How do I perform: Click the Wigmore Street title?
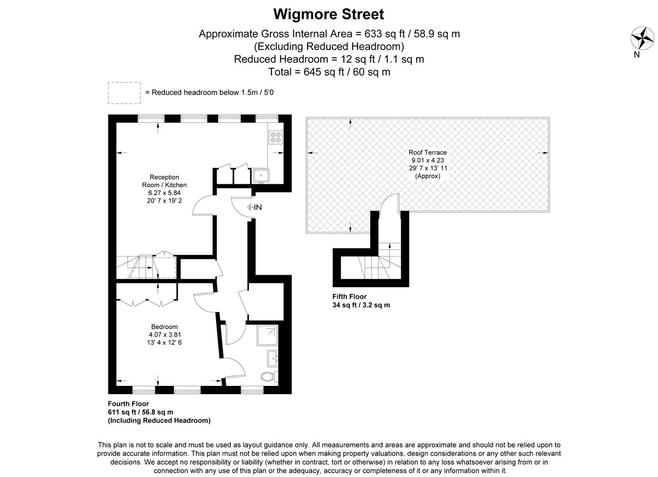coord(328,14)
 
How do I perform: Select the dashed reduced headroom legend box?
coord(124,93)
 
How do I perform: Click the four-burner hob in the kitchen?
coord(275,137)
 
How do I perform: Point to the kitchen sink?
coord(261,175)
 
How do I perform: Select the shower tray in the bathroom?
coord(268,335)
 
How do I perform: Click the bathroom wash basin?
coord(273,359)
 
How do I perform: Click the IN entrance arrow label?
coord(254,207)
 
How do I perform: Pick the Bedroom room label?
coord(164,327)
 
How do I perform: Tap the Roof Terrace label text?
coord(427,152)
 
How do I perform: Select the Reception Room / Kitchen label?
coord(164,181)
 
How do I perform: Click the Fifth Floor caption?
coord(349,297)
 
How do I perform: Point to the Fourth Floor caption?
coord(128,404)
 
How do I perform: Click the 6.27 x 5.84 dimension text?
coord(164,192)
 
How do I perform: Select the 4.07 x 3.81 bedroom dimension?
coord(164,334)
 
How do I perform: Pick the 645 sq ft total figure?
coord(324,72)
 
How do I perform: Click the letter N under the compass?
coord(637,55)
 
